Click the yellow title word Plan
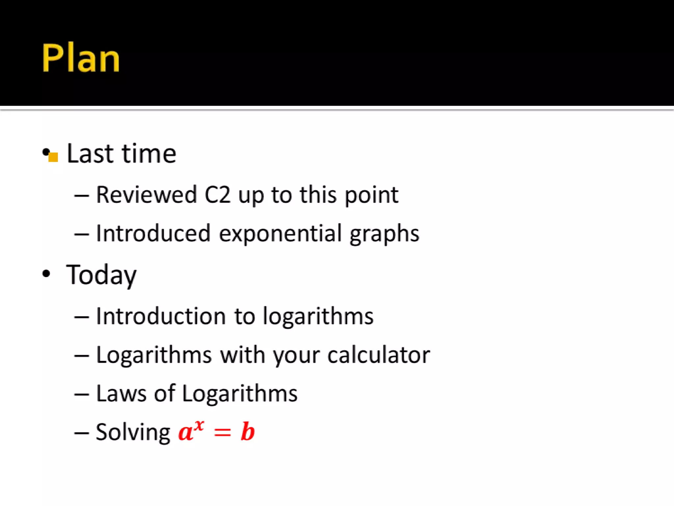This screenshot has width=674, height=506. coord(81,58)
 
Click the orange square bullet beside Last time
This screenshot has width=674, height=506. coord(53,157)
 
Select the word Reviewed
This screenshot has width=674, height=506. coord(146,195)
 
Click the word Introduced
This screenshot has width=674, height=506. coord(153,233)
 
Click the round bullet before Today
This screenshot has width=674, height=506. coord(46,274)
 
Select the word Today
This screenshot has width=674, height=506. coord(101,275)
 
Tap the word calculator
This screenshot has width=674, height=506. coord(378,355)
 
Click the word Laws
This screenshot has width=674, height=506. coord(121,393)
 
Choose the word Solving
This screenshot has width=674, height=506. coord(133,432)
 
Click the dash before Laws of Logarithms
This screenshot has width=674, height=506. coord(81,394)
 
